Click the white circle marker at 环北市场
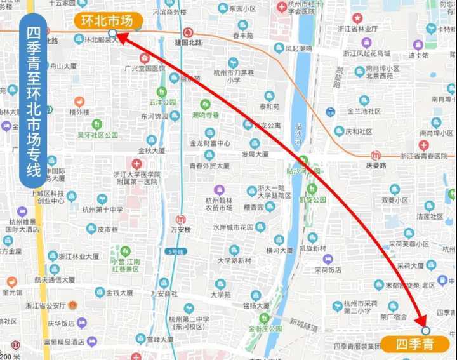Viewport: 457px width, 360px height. tap(112, 33)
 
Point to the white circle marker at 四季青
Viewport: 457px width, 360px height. tap(426, 330)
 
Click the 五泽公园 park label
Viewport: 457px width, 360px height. tap(162, 102)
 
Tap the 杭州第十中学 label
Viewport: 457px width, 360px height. tap(102, 210)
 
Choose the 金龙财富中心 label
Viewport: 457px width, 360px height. tap(209, 144)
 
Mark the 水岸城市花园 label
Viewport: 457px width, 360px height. tap(234, 227)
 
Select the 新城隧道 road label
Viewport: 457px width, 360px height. tap(303, 324)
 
